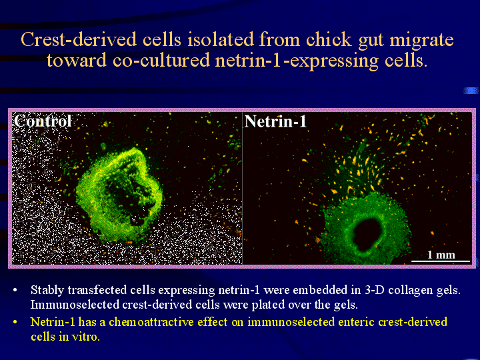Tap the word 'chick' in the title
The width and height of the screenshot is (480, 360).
coord(329,39)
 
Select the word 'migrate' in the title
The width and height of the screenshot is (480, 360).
coord(424,40)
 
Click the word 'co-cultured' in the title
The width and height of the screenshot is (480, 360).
coord(161,60)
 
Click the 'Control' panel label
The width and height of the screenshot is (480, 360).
coord(43,121)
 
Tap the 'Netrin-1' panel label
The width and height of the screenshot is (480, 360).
coord(275,121)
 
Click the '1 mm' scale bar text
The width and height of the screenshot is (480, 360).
coord(441,255)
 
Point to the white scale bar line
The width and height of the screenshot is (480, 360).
coord(441,261)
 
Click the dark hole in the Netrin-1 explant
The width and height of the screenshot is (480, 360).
coord(367,234)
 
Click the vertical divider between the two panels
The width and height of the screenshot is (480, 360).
coord(242,188)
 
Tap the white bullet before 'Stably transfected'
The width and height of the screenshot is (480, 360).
coord(15,290)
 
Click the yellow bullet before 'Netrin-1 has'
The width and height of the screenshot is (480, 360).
coord(15,323)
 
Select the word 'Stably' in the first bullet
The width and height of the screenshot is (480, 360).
coord(47,290)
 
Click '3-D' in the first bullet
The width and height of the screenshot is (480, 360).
coord(375,289)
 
